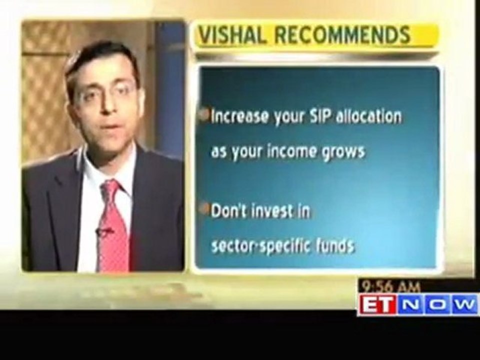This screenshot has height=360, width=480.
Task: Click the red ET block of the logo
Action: pyautogui.click(x=376, y=304)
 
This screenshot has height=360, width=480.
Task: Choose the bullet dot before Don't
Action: pyautogui.click(x=204, y=209)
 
